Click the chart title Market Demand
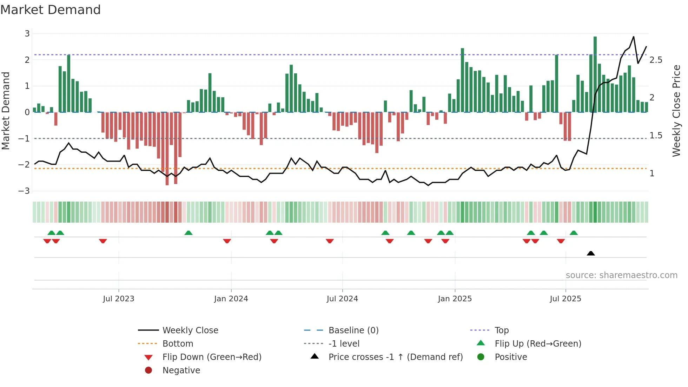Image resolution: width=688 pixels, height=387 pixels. [51, 10]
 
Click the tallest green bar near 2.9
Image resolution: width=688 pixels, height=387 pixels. [595, 74]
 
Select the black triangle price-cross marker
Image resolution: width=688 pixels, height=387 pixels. [591, 253]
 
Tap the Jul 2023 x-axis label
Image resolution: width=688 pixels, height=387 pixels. [119, 299]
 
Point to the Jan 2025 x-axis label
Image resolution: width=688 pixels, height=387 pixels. [455, 299]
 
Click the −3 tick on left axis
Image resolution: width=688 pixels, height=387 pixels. [24, 191]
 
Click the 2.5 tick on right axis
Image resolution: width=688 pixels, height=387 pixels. [656, 60]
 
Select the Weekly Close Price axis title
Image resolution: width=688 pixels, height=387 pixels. [676, 111]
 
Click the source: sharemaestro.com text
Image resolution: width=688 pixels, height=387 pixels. [621, 275]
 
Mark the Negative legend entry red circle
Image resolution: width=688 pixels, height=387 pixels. [148, 370]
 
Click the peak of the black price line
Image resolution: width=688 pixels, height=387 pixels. [634, 37]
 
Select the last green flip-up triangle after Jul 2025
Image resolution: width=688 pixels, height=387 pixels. [574, 233]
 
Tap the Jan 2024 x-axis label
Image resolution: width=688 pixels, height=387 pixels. [231, 299]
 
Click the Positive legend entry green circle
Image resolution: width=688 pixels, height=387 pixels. [481, 357]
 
